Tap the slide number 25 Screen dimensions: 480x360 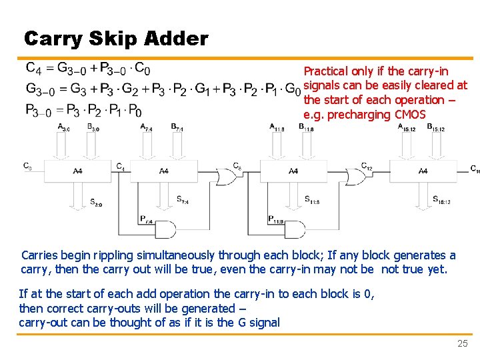coord(462,343)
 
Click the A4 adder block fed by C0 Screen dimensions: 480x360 coord(78,171)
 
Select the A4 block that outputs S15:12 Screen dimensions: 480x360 coord(423,171)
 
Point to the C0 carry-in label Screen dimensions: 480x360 coord(27,166)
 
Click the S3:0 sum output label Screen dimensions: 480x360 coord(96,203)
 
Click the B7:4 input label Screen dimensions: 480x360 coord(177,127)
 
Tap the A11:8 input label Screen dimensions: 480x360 coord(277,127)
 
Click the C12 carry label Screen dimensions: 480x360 coord(367,166)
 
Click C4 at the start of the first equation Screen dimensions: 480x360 coord(34,68)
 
